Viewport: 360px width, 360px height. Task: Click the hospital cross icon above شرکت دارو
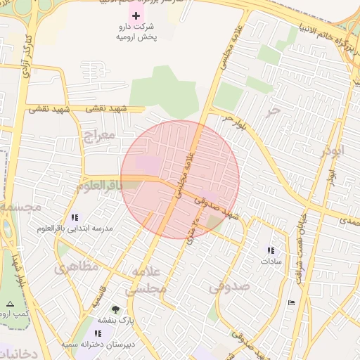click(136, 15)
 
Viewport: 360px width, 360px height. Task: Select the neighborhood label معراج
click(98, 134)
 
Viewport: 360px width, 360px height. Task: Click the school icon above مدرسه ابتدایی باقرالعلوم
click(75, 217)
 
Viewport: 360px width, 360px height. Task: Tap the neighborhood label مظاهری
click(72, 268)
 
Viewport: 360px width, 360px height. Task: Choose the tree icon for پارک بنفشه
click(115, 309)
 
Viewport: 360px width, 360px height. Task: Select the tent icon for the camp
click(10, 304)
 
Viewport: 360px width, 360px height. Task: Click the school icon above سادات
click(271, 250)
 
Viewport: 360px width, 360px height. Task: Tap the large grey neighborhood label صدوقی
click(229, 286)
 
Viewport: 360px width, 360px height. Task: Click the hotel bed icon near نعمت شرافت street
click(292, 302)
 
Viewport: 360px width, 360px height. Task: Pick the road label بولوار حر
click(235, 121)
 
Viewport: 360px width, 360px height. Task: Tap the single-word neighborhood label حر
click(274, 110)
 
